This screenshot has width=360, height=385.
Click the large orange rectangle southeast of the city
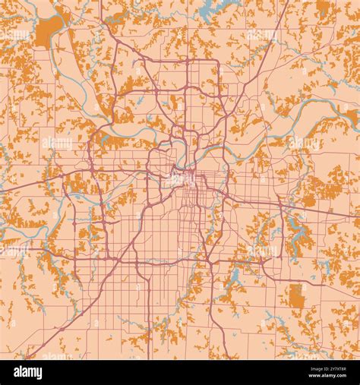(296, 296)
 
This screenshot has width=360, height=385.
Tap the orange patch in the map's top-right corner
(324, 9)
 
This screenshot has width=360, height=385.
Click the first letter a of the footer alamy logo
(18, 372)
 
